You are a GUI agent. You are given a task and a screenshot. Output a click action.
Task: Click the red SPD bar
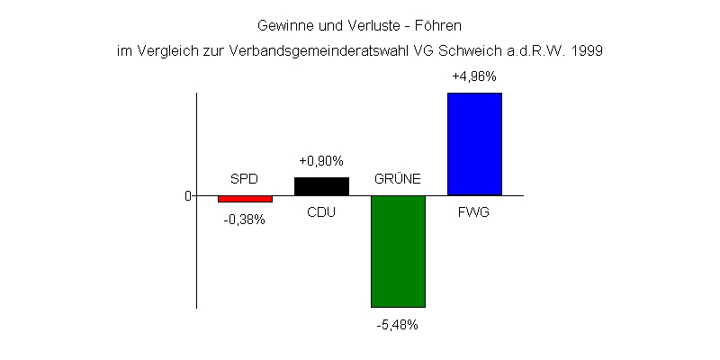245,199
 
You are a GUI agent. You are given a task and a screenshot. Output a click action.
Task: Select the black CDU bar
321,186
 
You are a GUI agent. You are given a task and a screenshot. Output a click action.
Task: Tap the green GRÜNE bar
398,251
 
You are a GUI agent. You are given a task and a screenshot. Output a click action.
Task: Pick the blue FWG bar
474,144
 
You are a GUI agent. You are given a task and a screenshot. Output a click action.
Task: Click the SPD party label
245,178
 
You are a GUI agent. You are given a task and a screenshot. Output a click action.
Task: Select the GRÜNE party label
398,178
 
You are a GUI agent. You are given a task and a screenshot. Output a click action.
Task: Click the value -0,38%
245,219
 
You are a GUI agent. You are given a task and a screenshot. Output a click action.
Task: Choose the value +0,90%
321,161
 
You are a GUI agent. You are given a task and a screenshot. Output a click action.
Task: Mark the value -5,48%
398,325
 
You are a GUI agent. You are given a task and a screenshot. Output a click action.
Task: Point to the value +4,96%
474,76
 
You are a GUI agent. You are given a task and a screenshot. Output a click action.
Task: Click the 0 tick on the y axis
188,195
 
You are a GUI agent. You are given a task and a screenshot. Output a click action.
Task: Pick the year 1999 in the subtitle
587,51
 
